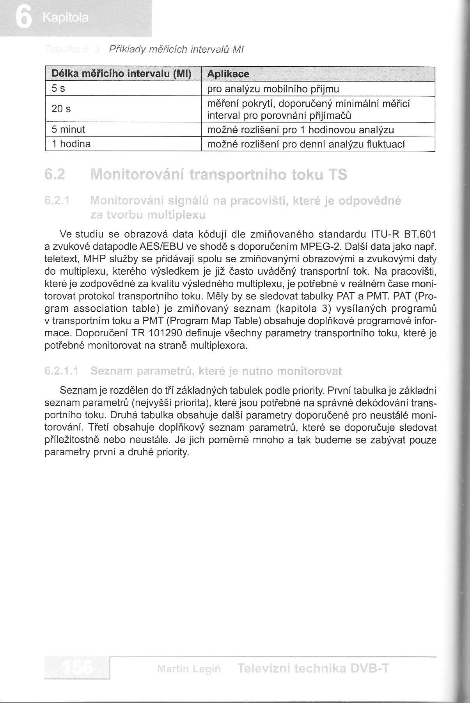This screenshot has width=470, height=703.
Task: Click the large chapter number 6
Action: tap(23, 18)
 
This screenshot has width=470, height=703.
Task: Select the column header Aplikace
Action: tap(228, 74)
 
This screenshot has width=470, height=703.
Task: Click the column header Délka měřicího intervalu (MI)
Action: tap(122, 74)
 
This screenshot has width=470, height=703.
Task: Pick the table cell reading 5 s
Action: tap(58, 89)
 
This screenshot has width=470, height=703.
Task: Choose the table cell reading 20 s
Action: tap(61, 109)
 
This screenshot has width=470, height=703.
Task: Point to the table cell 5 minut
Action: tap(68, 129)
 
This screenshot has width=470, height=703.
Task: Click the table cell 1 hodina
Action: tap(71, 144)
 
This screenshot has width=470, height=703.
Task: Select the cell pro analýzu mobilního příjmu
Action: tap(273, 89)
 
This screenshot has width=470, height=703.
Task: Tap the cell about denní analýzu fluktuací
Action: tap(306, 144)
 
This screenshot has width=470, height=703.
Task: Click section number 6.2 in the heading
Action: tap(54, 174)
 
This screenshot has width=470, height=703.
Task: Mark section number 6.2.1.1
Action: tap(62, 371)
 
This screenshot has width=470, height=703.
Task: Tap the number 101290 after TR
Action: tap(166, 334)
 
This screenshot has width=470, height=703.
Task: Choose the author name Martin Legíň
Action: tap(189, 669)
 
